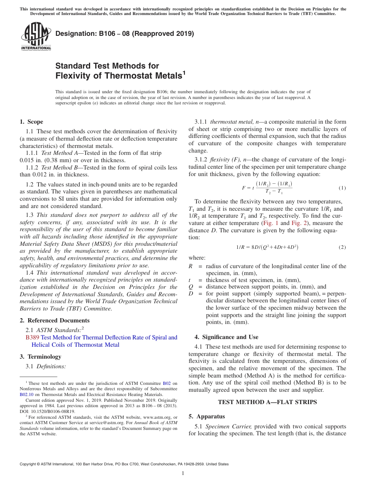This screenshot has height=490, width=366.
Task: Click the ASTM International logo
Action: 35,36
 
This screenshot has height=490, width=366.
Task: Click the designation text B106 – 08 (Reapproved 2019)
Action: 125,34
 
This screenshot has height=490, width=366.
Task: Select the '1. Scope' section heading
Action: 31,122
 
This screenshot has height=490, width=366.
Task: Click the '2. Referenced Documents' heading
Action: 54,321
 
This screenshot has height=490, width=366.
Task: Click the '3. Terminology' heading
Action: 40,357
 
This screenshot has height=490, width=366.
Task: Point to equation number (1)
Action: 342,188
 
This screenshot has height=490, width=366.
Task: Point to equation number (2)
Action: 342,247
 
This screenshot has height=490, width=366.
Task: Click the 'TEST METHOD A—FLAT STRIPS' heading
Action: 267,402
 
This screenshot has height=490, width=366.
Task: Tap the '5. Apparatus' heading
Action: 207,416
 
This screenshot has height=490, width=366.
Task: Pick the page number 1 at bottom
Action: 183,473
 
